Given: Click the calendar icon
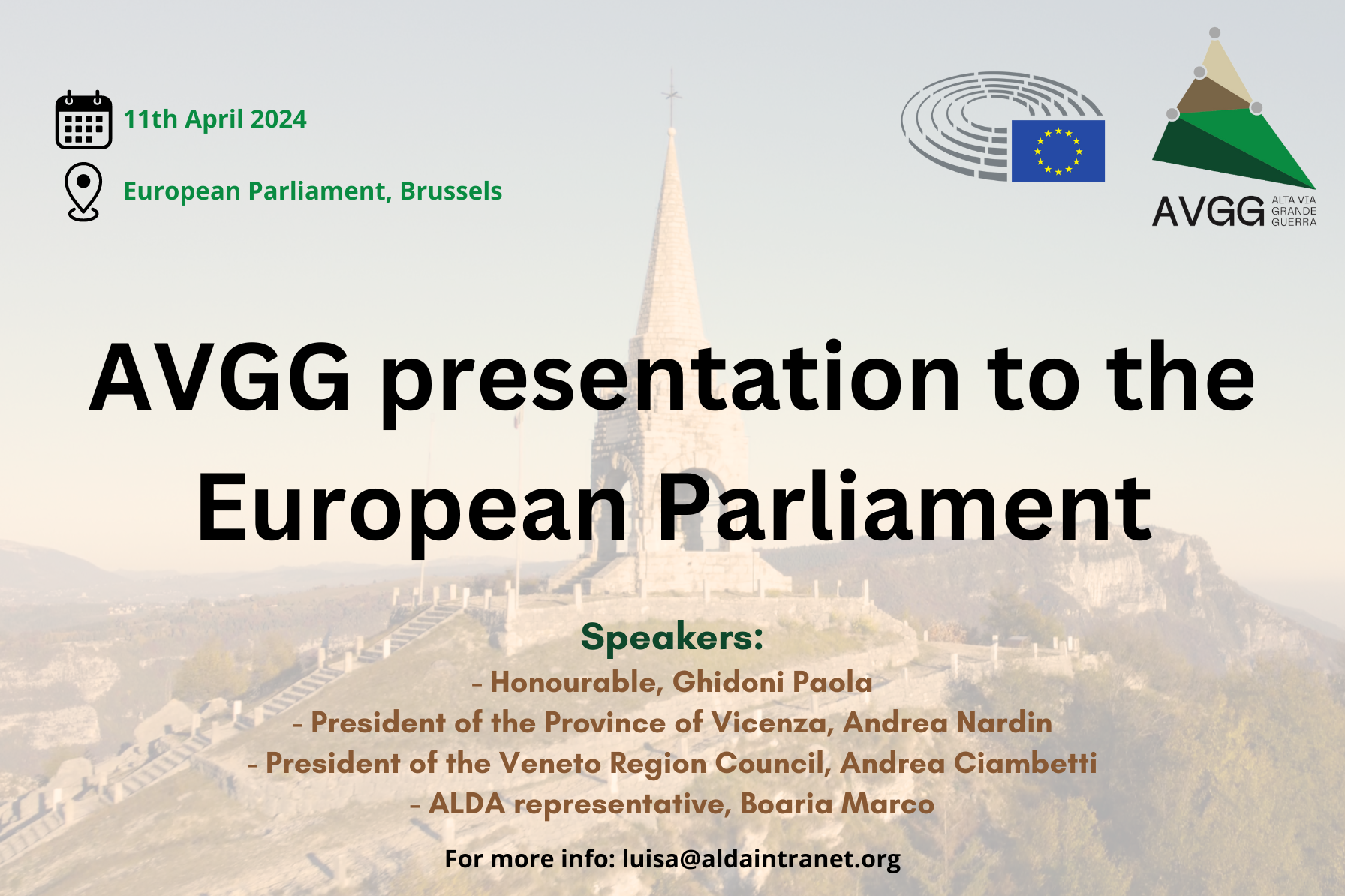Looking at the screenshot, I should point(83,120).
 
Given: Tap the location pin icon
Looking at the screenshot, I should point(83,191).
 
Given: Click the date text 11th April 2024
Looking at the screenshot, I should point(215,119).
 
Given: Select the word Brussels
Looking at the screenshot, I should point(450,191).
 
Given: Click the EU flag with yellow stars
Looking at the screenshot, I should point(1058,151).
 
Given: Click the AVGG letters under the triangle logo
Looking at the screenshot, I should point(1208,211).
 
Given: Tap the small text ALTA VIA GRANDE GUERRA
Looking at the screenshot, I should point(1293,211).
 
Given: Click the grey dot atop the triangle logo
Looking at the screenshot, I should point(1214,33).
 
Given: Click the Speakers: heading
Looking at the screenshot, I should point(672,637).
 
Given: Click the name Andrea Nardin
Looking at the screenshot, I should point(947,723).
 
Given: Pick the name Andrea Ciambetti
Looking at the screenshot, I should point(968,763).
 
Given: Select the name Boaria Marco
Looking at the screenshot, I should point(837,804).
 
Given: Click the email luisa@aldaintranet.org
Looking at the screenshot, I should point(761,858).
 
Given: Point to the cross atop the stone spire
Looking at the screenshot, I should point(671,94).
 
